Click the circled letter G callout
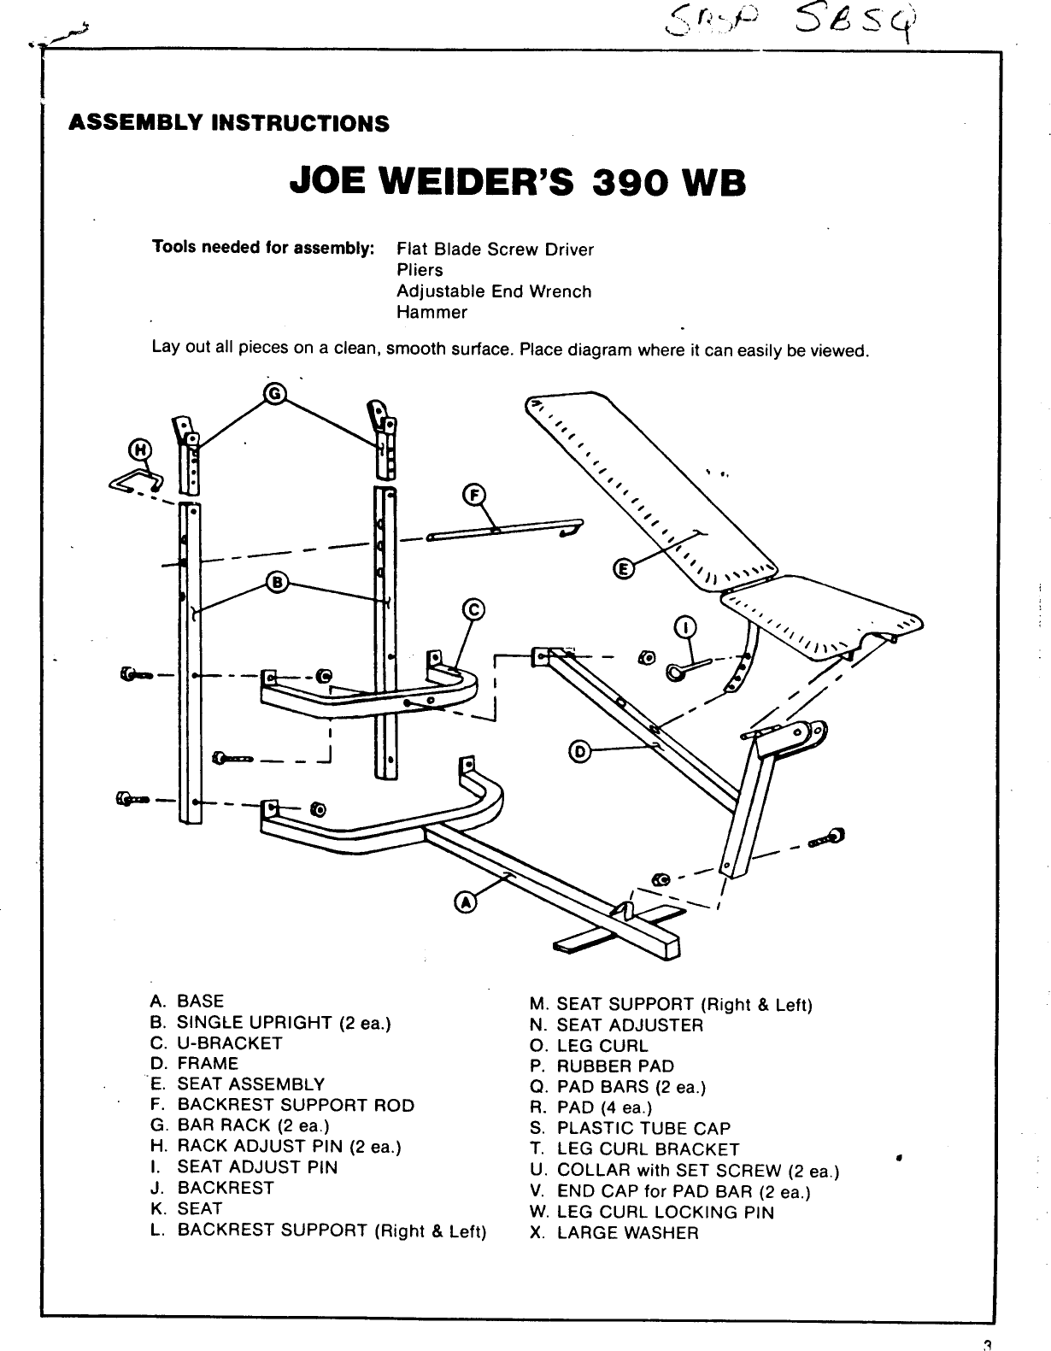274,393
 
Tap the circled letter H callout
138,449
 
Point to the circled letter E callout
624,568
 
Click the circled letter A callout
465,902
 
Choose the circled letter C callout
473,609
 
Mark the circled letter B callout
276,583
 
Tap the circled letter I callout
685,628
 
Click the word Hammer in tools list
432,312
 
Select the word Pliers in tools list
420,270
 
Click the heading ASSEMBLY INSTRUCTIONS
228,123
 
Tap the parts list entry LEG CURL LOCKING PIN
665,1212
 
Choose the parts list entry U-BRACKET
229,1043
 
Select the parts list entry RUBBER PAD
615,1066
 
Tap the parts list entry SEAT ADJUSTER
630,1025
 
